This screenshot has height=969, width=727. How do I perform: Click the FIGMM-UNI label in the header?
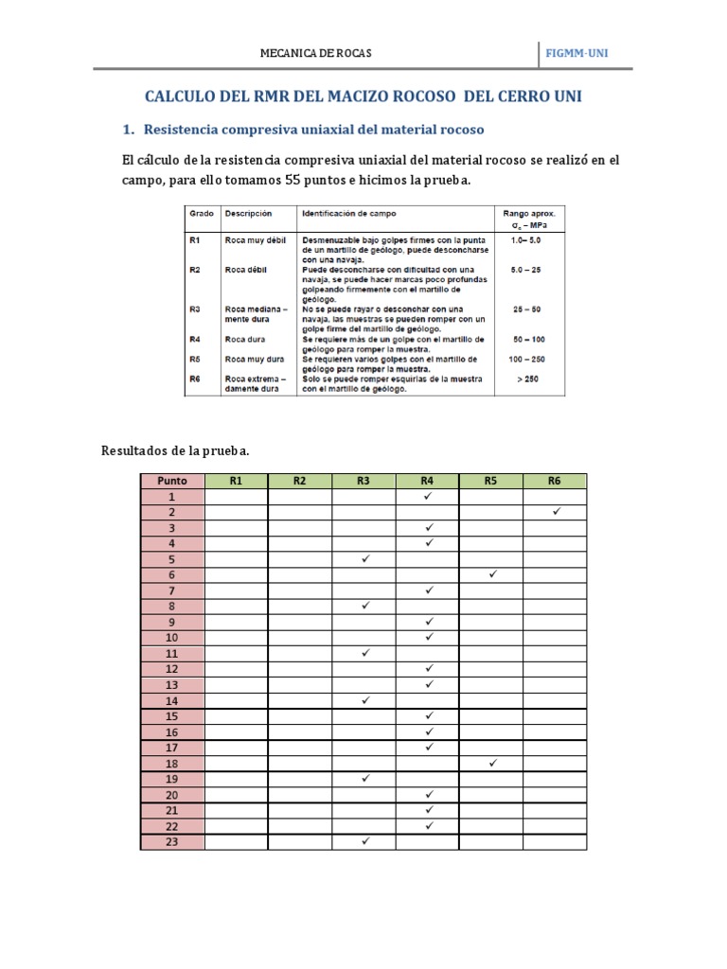coord(577,53)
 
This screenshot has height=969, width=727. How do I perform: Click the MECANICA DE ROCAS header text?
coord(316,53)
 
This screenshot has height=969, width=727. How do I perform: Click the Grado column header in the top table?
coord(201,214)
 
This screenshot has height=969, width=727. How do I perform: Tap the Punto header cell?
coord(172,481)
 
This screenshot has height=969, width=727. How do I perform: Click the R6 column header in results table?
coord(555,481)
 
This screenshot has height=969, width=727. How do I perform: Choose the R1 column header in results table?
coord(236,481)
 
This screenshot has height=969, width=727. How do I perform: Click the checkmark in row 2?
coord(556,512)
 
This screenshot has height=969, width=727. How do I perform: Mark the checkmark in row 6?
coord(492,574)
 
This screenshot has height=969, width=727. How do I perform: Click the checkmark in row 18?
coord(492,763)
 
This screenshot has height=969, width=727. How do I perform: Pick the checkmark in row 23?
coord(364,841)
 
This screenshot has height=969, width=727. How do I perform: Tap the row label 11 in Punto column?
coord(172,653)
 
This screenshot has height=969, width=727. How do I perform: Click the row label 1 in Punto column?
coord(172,496)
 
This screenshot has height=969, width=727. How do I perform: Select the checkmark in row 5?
coord(364,558)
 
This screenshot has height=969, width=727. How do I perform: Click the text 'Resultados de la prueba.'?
coord(175,450)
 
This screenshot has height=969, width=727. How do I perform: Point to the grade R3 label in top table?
coord(195,308)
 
